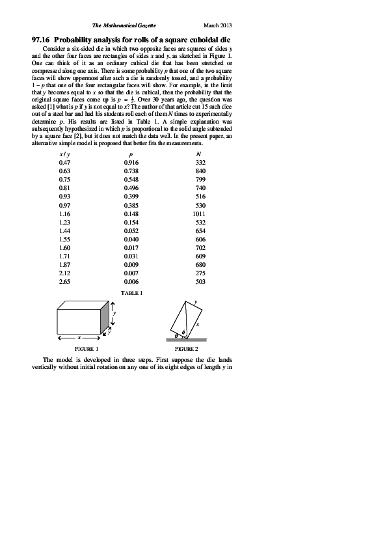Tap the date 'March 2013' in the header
pos(218,25)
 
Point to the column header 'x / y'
pos(64,154)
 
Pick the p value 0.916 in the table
pos(132,162)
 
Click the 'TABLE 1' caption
pos(132,294)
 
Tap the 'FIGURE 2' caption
pos(186,349)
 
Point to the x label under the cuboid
pos(79,338)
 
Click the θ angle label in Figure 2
pos(173,336)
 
